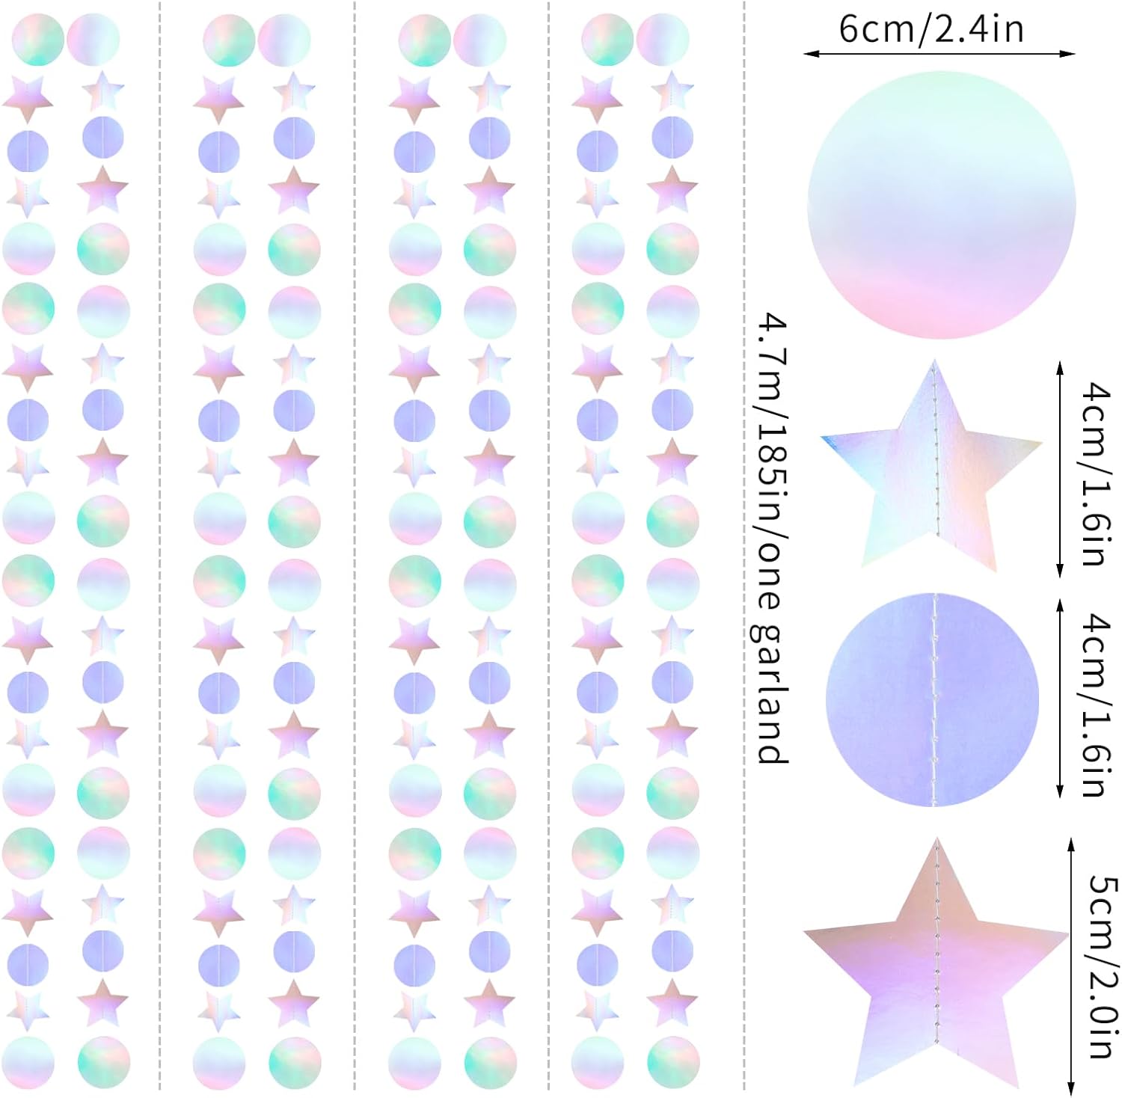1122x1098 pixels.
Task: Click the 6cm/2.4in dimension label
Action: click(931, 30)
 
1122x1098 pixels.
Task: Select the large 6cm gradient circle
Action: click(941, 204)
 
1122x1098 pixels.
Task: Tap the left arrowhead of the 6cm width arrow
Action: click(809, 54)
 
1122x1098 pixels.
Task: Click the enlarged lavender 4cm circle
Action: click(932, 700)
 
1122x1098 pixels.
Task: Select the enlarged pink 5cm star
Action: click(935, 972)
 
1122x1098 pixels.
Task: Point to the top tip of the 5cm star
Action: click(936, 842)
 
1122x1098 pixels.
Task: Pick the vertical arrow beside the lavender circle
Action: click(1059, 699)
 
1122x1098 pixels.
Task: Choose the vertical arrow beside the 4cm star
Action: click(1059, 470)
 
